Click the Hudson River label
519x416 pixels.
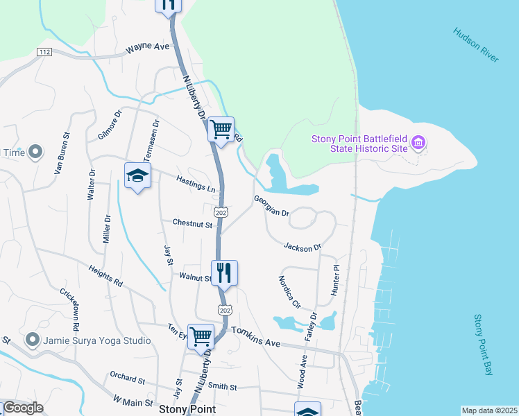point(476,46)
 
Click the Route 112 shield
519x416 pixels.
point(45,52)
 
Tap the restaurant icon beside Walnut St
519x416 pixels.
point(224,272)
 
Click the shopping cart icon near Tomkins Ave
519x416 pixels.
point(201,336)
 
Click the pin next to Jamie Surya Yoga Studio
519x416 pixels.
point(32,340)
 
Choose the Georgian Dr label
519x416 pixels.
point(271,205)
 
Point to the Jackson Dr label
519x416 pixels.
point(303,247)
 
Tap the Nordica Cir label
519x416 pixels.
point(289,293)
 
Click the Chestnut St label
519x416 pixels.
point(192,224)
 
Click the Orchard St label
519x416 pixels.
point(127,377)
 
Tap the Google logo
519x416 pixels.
point(23,408)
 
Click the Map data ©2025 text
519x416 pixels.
point(489,410)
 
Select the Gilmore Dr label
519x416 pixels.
point(110,124)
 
